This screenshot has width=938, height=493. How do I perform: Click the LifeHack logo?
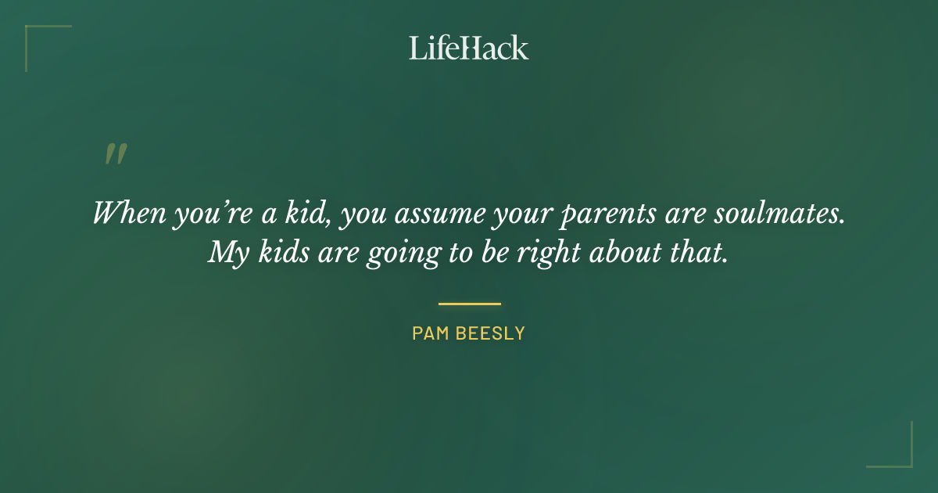click(468, 48)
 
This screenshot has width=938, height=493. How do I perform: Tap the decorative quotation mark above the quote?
click(116, 154)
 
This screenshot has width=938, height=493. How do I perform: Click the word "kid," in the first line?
click(311, 212)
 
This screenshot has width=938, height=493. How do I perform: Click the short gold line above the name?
click(469, 304)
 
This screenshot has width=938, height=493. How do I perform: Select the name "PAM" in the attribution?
click(429, 333)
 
